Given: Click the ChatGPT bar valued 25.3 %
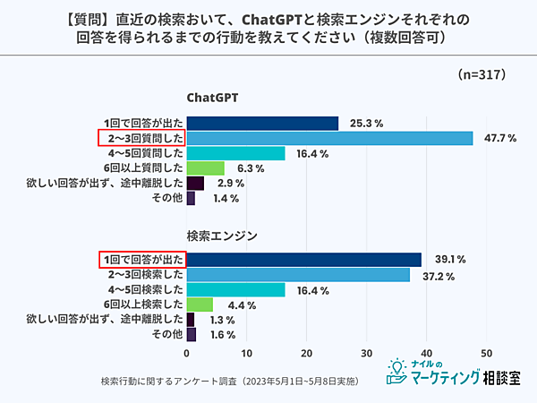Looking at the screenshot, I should (x=261, y=123).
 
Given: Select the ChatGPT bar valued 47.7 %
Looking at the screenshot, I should (x=328, y=138).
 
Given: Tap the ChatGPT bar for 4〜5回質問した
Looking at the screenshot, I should (x=235, y=153).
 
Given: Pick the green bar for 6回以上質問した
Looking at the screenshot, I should (x=205, y=168).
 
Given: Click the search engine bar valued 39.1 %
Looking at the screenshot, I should (x=303, y=260).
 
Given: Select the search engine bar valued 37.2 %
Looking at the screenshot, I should (x=297, y=275).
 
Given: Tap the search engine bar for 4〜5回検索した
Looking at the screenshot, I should (x=235, y=290).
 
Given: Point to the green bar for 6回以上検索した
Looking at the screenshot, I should (x=200, y=304).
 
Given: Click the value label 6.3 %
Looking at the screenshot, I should (x=251, y=168).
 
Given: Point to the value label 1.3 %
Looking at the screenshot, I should (x=223, y=320).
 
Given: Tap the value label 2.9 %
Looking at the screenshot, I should (x=232, y=184).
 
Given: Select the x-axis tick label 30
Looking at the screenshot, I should (x=367, y=352).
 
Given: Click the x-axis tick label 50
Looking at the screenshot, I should (x=487, y=352).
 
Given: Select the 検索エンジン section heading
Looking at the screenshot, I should (x=223, y=236).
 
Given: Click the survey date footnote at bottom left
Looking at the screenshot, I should (x=230, y=381).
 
